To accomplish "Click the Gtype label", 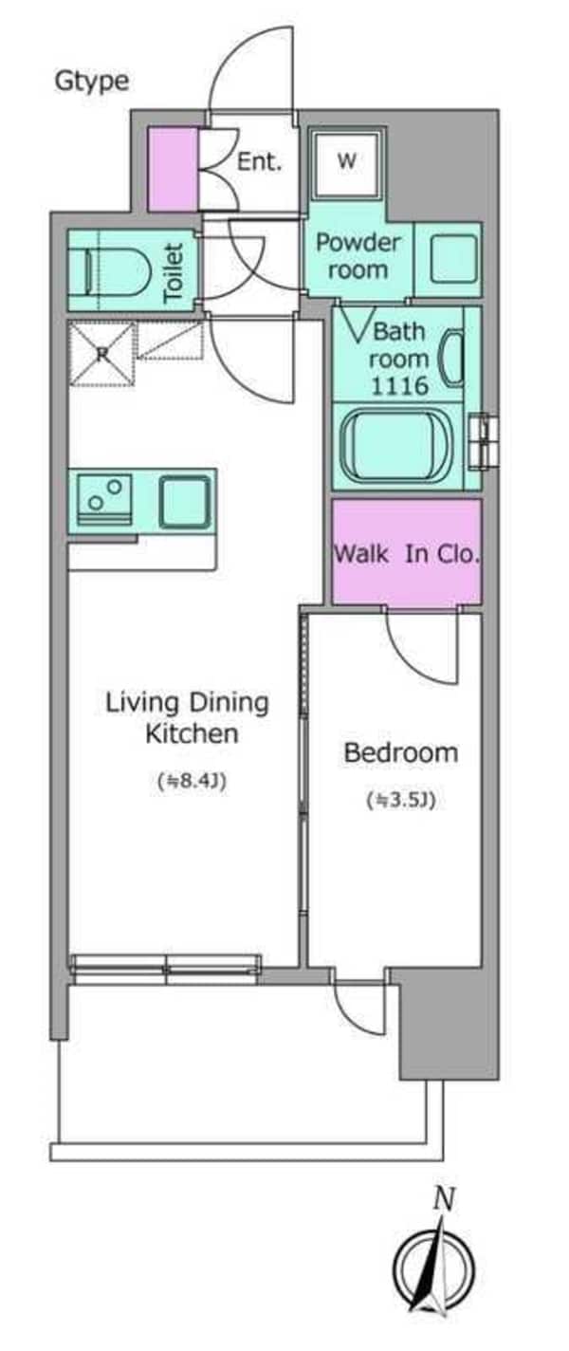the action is (x=92, y=82).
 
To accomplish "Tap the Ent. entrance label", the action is (x=259, y=161).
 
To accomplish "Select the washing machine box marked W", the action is (x=347, y=160).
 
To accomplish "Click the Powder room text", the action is (x=358, y=256).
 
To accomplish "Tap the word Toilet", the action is (x=174, y=272).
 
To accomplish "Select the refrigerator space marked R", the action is (x=101, y=354).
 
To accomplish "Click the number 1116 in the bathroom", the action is (x=399, y=385).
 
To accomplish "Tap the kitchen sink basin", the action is (x=186, y=501).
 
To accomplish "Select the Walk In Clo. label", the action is (x=407, y=553).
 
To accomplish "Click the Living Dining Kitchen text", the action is (x=188, y=718).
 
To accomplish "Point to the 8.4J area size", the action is (x=192, y=783).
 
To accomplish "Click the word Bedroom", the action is (x=401, y=752).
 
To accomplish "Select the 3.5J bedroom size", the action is (x=401, y=801).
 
